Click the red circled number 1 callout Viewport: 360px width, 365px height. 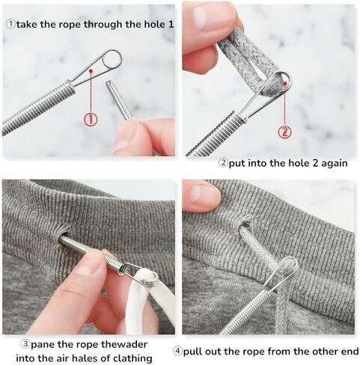pyautogui.click(x=91, y=119)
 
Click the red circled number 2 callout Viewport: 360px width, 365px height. pyautogui.click(x=284, y=132)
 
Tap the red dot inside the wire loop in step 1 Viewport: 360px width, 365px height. pyautogui.click(x=91, y=71)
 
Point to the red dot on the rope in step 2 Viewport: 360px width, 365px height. pyautogui.click(x=284, y=84)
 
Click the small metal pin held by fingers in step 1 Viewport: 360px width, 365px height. pyautogui.click(x=119, y=99)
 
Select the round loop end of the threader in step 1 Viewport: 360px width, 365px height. pyautogui.click(x=112, y=59)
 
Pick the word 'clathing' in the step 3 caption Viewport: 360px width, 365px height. pyautogui.click(x=132, y=358)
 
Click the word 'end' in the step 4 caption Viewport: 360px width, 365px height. pyautogui.click(x=350, y=352)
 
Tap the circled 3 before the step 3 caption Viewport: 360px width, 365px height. pyautogui.click(x=25, y=344)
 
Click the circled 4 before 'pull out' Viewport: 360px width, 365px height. pyautogui.click(x=177, y=352)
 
